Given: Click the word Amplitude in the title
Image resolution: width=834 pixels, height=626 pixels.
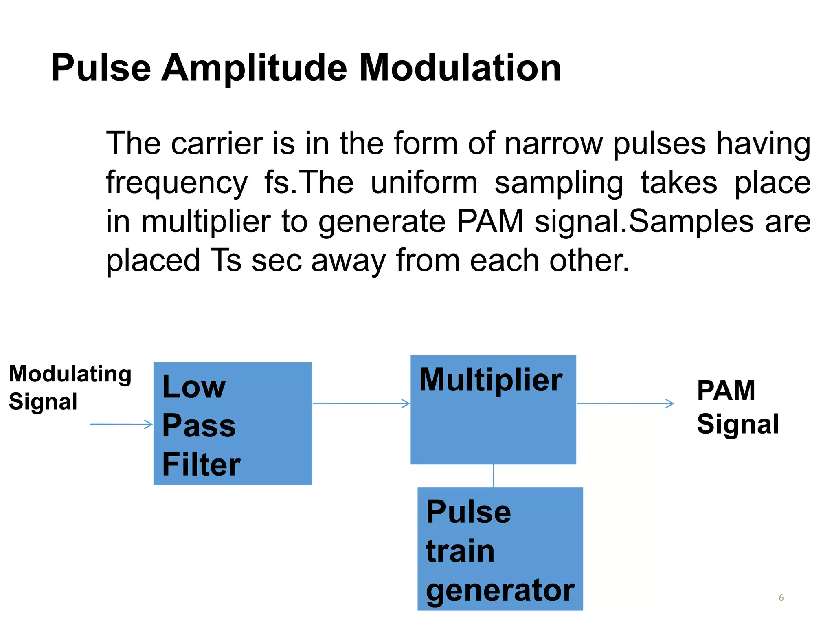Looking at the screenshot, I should point(254,68).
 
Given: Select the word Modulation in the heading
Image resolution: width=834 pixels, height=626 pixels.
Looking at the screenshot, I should point(460,68).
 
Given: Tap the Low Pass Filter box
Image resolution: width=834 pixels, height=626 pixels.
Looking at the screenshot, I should point(233,423).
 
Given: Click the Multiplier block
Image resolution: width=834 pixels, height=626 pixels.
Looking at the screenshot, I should point(493,410).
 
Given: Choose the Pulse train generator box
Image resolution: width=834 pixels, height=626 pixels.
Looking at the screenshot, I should point(500,549).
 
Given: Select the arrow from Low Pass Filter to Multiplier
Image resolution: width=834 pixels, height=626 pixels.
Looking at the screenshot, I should point(361,403).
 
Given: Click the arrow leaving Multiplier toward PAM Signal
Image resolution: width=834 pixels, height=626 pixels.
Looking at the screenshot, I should point(625,403).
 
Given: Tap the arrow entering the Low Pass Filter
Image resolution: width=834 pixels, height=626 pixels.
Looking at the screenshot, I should point(121,424).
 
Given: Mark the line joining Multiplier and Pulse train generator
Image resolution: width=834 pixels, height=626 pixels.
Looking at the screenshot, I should point(494,476).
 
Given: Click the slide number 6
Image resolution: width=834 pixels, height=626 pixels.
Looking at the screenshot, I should point(781,597).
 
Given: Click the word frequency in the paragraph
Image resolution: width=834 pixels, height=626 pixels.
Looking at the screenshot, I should point(177,183).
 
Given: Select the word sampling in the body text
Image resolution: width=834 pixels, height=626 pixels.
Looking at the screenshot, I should point(559,183).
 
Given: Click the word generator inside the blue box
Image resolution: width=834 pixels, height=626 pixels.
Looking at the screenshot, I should point(500,590).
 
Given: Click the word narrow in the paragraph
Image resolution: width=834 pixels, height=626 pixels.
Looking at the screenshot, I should point(553,143).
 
